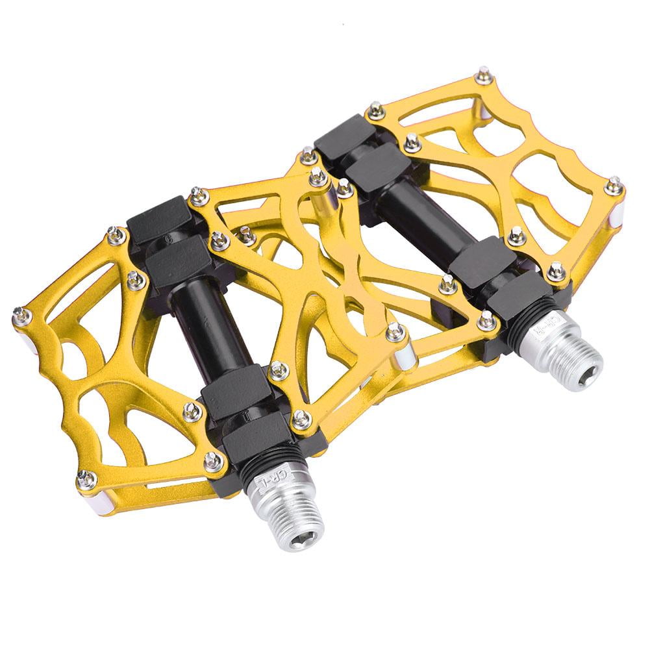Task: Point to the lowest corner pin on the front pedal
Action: (86, 479)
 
